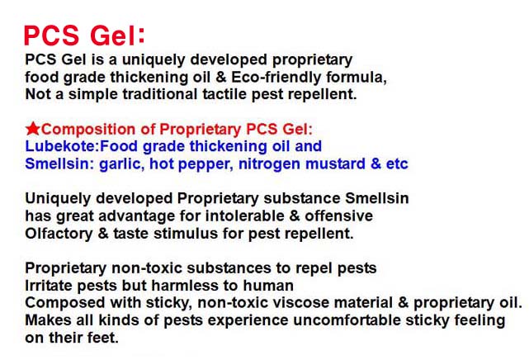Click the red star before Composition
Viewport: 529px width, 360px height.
(x=33, y=129)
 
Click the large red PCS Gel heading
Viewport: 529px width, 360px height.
(x=84, y=36)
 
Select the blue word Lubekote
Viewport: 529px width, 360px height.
(x=61, y=146)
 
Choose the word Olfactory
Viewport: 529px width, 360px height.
(x=59, y=234)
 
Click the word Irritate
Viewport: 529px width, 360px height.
(x=48, y=286)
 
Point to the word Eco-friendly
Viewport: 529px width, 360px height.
(x=276, y=78)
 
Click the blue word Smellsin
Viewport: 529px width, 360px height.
(x=57, y=163)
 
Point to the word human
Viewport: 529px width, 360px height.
(x=268, y=286)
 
